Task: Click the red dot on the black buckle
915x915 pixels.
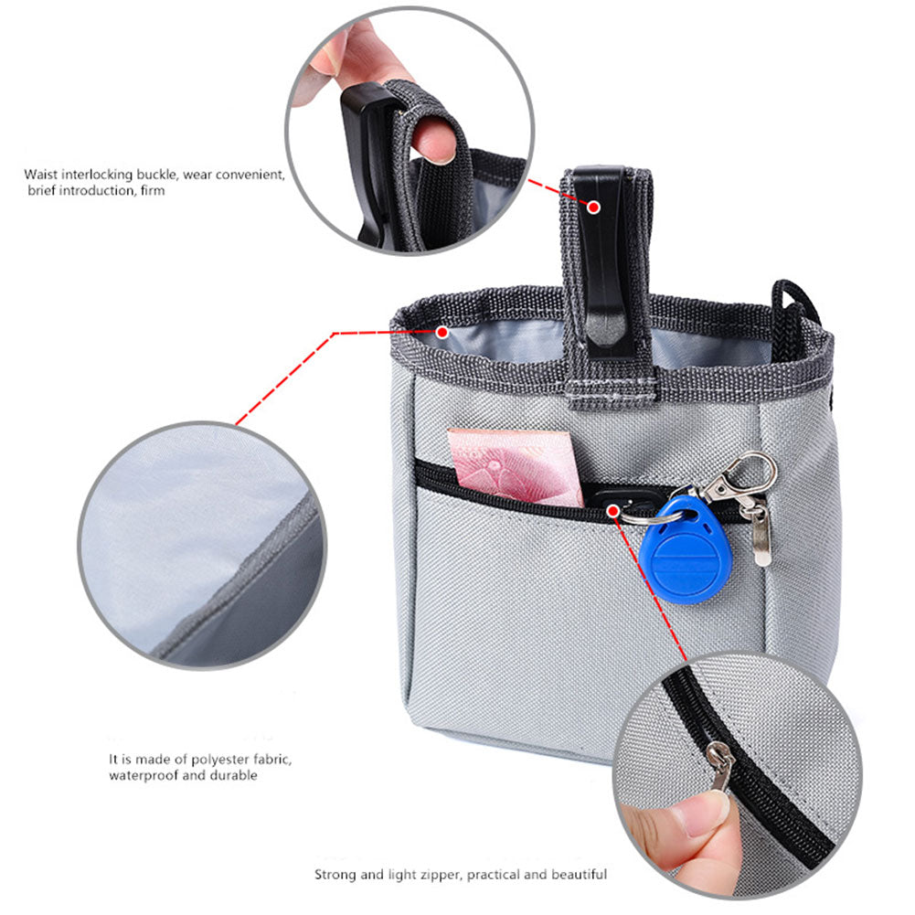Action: pyautogui.click(x=593, y=207)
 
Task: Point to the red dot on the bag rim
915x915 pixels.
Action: pyautogui.click(x=442, y=333)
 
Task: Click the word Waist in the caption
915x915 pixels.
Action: pyautogui.click(x=42, y=174)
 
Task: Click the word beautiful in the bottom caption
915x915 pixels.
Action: pyautogui.click(x=579, y=875)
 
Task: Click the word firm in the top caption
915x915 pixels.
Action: pyautogui.click(x=153, y=191)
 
